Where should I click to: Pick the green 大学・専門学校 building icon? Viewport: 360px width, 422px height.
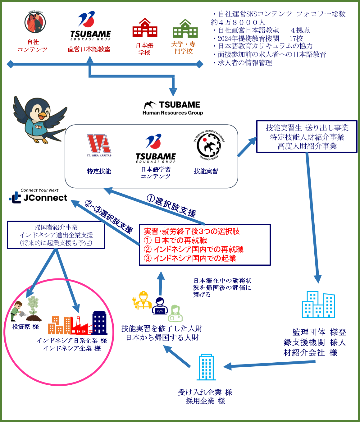(185, 29)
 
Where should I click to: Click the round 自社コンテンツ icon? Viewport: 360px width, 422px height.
(35, 22)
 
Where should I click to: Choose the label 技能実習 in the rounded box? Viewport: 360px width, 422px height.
(206, 171)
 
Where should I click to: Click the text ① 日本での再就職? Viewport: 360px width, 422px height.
(176, 240)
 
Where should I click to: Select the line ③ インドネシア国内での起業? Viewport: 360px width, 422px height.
(190, 258)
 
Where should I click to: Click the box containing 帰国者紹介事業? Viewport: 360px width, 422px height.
(56, 235)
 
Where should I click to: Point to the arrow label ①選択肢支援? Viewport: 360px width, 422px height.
(171, 206)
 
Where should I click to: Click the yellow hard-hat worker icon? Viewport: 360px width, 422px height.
(143, 300)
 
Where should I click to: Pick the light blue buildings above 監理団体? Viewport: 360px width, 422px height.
(318, 305)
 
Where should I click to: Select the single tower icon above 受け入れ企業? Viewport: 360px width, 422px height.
(206, 367)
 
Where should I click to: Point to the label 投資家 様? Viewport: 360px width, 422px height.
(25, 327)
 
